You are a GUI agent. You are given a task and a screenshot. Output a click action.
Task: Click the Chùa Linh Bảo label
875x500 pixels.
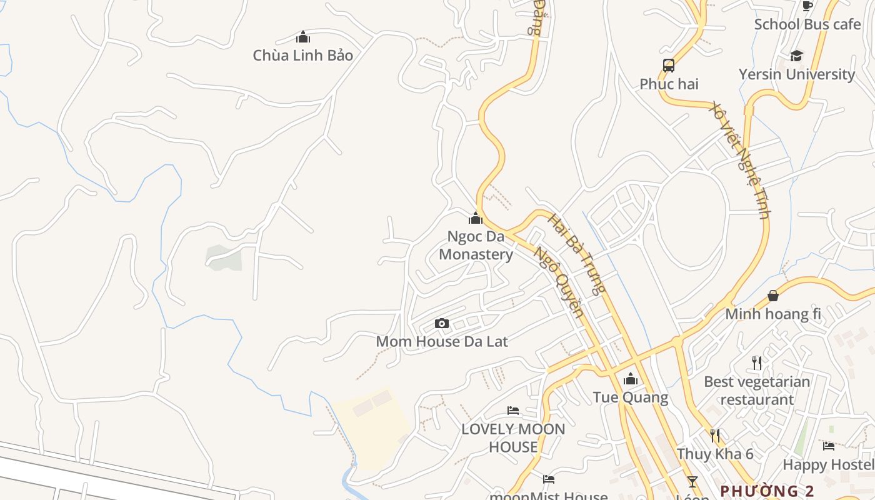click(x=302, y=55)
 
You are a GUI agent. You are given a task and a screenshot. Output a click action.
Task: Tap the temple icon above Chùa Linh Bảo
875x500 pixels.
click(x=303, y=37)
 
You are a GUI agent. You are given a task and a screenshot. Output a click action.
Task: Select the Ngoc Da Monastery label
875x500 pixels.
click(x=476, y=245)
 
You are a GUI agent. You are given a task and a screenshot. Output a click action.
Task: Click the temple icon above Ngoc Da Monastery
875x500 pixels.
click(x=476, y=218)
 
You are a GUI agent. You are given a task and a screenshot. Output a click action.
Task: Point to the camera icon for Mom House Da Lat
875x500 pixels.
click(x=442, y=323)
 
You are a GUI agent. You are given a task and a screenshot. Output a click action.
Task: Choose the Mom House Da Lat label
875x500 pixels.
click(x=442, y=341)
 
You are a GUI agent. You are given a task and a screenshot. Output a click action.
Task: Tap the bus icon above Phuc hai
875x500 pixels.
click(x=669, y=66)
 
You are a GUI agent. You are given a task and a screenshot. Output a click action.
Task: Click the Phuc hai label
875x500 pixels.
click(x=669, y=84)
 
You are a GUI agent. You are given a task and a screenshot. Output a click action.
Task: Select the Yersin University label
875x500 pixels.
click(x=796, y=74)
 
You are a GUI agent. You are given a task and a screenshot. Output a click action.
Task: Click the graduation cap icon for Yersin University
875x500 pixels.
click(x=796, y=56)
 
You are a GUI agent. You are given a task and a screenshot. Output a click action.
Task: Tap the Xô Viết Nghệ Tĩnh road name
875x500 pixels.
click(x=740, y=160)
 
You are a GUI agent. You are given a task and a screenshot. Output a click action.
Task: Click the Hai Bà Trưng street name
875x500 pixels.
click(x=576, y=253)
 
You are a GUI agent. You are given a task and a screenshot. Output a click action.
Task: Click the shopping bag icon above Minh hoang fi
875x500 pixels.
click(x=773, y=295)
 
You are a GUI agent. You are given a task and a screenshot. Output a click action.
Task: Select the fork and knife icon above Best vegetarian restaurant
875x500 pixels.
click(x=757, y=362)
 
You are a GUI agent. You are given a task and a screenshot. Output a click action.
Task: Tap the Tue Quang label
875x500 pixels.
click(x=630, y=397)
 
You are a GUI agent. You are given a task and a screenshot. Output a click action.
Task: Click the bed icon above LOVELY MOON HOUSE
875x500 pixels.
click(x=513, y=411)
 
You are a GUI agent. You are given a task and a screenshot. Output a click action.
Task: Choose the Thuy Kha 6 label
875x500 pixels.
click(x=715, y=454)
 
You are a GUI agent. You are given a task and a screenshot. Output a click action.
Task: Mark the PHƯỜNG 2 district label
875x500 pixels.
click(x=767, y=491)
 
